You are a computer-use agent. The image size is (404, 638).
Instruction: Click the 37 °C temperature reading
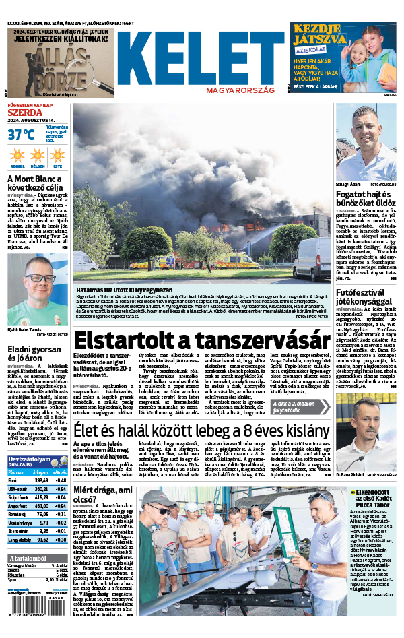pyautogui.click(x=21, y=134)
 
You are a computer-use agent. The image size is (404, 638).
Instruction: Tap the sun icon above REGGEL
pyautogui.click(x=17, y=156)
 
